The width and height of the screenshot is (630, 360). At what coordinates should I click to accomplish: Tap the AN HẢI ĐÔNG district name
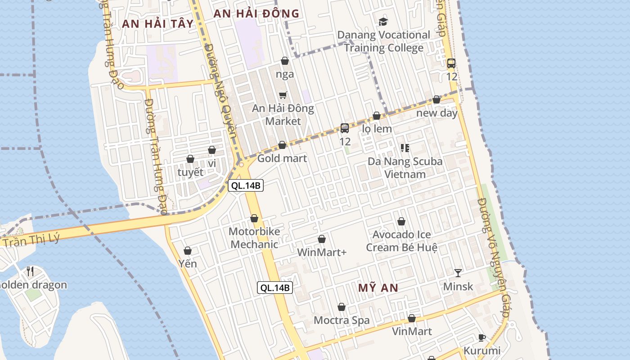256,13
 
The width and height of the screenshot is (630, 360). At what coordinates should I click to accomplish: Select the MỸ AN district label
378,288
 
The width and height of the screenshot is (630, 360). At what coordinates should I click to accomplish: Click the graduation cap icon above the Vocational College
383,22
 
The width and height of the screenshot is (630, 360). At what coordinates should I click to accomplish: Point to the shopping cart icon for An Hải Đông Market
283,95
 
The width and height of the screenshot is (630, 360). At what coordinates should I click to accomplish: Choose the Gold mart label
282,158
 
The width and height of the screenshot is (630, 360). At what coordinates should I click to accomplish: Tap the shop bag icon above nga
285,61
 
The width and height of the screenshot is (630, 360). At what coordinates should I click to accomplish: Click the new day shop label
436,113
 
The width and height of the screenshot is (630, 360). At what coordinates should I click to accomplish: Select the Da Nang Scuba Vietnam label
405,167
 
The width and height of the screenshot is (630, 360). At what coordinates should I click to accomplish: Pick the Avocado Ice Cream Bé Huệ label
401,241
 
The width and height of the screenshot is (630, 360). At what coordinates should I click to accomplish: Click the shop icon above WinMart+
322,239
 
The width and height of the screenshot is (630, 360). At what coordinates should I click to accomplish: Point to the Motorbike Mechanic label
254,238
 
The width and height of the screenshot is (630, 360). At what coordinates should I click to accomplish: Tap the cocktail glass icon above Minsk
458,273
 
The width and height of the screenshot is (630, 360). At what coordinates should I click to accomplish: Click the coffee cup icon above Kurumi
482,337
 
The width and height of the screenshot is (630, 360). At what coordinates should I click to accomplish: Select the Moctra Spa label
342,320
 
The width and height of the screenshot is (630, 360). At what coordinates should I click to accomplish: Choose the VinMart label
412,332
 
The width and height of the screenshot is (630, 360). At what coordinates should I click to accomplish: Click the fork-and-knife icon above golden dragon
30,271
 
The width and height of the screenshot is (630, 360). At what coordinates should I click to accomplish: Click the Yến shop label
188,264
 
